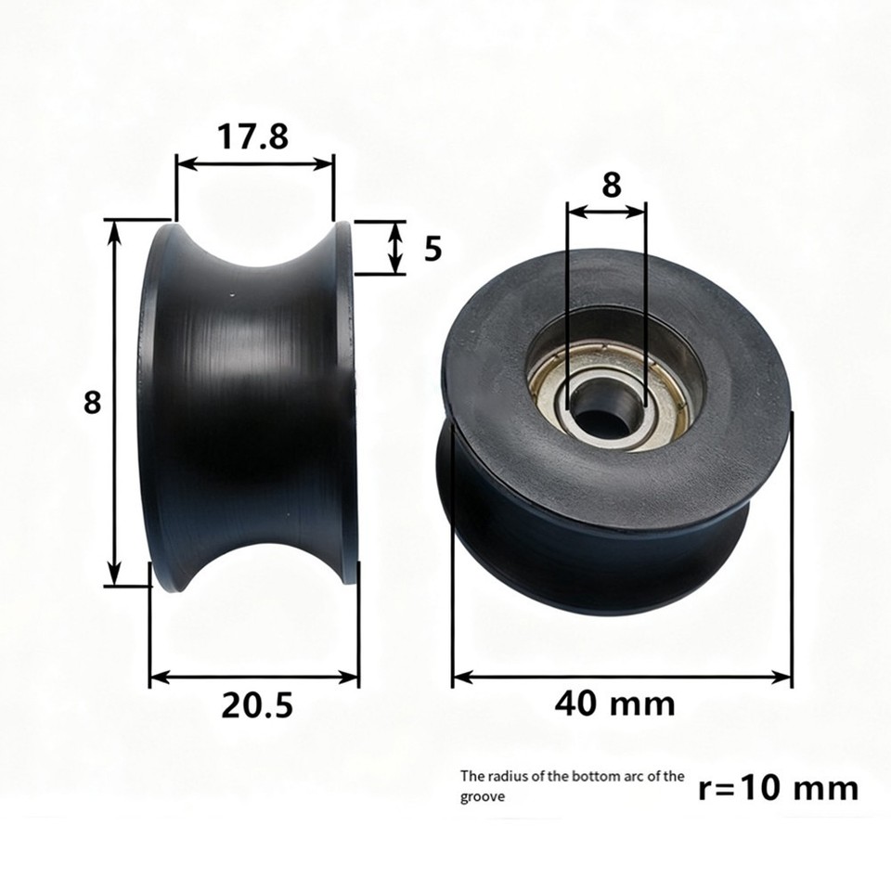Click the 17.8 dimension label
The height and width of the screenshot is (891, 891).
pyautogui.click(x=252, y=136)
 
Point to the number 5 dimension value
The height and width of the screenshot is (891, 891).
pyautogui.click(x=433, y=249)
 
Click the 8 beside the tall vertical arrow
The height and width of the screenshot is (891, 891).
pyautogui.click(x=92, y=403)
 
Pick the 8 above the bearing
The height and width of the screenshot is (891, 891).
pyautogui.click(x=611, y=185)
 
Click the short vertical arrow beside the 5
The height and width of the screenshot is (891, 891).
pyautogui.click(x=396, y=249)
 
